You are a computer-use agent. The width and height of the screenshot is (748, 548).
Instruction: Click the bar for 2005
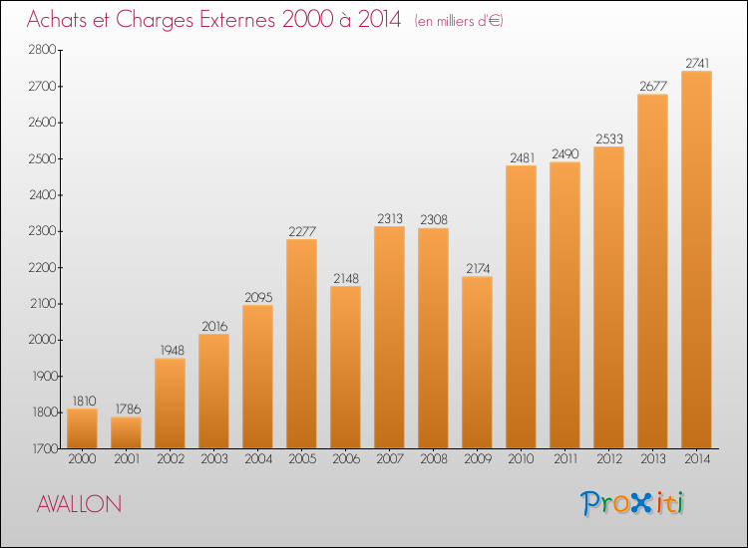(301, 344)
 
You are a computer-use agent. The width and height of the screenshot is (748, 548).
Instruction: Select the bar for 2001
(126, 432)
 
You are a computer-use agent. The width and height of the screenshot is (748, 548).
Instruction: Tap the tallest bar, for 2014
(696, 260)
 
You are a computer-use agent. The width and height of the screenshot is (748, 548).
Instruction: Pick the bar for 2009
(477, 362)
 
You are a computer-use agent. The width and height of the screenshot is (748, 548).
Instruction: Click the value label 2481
(523, 157)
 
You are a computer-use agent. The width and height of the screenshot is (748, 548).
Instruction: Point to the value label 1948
(172, 351)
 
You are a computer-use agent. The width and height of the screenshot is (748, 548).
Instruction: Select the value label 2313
(390, 218)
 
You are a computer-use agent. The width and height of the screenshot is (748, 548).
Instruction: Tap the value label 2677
(653, 86)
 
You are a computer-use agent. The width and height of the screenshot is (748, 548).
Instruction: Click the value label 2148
(346, 278)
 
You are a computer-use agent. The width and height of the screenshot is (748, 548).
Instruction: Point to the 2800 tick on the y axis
(43, 50)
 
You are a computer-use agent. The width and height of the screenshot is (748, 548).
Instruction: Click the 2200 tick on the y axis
(44, 267)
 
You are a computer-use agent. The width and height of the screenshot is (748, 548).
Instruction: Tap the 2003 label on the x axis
(214, 458)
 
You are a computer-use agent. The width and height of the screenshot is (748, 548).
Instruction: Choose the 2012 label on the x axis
(609, 458)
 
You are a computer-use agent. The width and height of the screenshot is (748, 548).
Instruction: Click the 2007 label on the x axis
(390, 458)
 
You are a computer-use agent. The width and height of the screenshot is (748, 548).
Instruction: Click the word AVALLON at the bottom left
(79, 504)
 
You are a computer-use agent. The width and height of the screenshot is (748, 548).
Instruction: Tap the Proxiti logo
(632, 503)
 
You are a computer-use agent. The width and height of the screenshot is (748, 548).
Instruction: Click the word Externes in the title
(237, 19)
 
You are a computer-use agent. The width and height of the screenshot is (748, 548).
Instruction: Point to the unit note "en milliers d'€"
(459, 21)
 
